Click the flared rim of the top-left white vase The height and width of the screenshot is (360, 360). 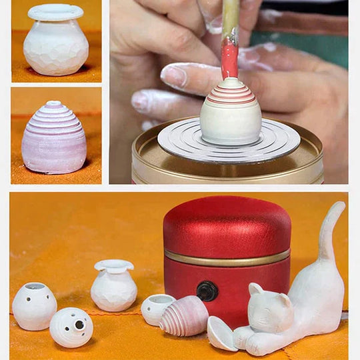pyautogui.click(x=55, y=11)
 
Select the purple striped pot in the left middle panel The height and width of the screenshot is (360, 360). pyautogui.click(x=54, y=139)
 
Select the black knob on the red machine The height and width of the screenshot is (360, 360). pyautogui.click(x=207, y=290)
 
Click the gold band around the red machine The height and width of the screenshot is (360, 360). pyautogui.click(x=227, y=257)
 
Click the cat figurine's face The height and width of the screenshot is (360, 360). pyautogui.click(x=266, y=308)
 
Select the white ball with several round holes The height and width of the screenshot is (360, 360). pyautogui.click(x=71, y=327)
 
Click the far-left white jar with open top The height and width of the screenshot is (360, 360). pyautogui.click(x=34, y=305)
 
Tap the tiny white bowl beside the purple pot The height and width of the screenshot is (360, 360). pyautogui.click(x=156, y=308)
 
